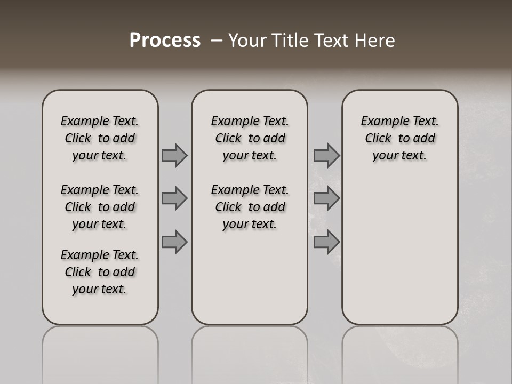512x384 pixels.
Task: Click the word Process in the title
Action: click(165, 41)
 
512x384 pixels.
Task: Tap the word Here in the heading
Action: click(375, 41)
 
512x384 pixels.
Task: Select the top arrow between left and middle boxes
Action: click(174, 155)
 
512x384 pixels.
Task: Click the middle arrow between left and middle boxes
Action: click(174, 198)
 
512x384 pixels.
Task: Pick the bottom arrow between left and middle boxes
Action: click(174, 242)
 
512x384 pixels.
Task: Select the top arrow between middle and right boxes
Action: click(326, 155)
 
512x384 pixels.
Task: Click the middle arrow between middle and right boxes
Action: click(326, 198)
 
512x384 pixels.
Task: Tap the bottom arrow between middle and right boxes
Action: click(326, 242)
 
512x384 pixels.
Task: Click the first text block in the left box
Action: click(100, 138)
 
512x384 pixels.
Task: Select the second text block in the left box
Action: click(100, 207)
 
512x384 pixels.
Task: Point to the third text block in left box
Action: click(100, 272)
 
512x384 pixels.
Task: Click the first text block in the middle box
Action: click(250, 138)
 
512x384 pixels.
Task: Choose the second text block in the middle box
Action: click(250, 207)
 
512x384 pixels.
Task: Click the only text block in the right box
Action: click(400, 138)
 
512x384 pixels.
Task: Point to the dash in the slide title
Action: click(217, 41)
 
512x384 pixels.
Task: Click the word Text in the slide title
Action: click(331, 41)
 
